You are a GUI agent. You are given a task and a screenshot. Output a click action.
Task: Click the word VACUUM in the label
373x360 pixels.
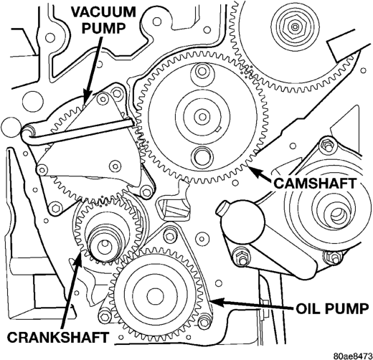pos(104,11)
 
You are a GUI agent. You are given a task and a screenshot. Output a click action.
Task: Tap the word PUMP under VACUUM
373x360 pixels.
pos(104,28)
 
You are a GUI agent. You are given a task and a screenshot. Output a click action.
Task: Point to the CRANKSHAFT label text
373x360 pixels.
pos(57,338)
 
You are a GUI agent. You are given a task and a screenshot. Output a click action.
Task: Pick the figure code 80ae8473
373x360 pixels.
pos(353,355)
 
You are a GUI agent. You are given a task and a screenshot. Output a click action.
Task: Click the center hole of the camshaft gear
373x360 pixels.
pos(202,117)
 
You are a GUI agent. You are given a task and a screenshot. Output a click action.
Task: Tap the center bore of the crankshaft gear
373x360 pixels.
pos(105,245)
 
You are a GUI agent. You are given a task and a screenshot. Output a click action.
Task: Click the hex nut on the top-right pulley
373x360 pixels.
pos(294,25)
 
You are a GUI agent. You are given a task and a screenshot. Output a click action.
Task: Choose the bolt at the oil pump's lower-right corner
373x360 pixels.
pos(204,322)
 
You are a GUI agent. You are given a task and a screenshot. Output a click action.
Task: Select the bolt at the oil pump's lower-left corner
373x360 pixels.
pos(104,317)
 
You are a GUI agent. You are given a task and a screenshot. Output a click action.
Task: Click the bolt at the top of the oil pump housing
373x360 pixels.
pos(169,236)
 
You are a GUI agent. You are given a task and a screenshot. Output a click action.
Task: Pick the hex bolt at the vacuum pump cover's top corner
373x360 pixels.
pos(117,93)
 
